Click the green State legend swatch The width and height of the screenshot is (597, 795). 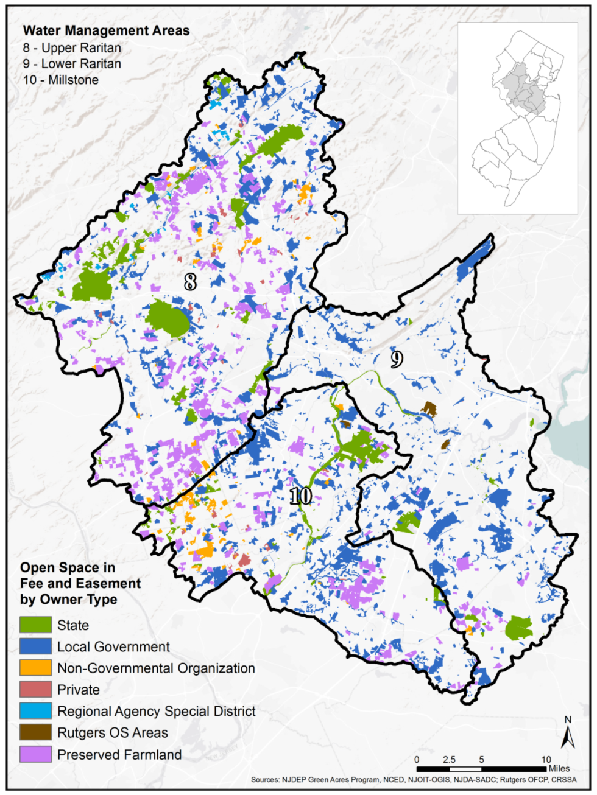click(35, 625)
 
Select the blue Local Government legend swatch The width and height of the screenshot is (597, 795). click(35, 646)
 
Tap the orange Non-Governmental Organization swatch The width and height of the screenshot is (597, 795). click(35, 668)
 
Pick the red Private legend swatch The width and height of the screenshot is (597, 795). click(35, 690)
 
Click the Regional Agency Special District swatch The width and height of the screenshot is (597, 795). click(35, 711)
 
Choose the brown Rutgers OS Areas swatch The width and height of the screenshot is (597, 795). click(35, 732)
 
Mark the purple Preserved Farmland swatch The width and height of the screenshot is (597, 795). click(35, 754)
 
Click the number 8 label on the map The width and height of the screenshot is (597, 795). click(191, 281)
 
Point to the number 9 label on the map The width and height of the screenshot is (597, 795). click(397, 359)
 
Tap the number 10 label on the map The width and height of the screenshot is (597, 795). click(300, 496)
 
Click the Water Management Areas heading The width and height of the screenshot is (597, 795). click(106, 30)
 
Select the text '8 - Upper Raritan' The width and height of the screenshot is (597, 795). click(72, 47)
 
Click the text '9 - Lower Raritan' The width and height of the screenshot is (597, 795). click(72, 64)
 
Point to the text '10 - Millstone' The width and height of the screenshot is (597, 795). click(61, 80)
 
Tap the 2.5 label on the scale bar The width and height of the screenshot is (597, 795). click(449, 760)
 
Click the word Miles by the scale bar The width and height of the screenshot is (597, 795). click(559, 769)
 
